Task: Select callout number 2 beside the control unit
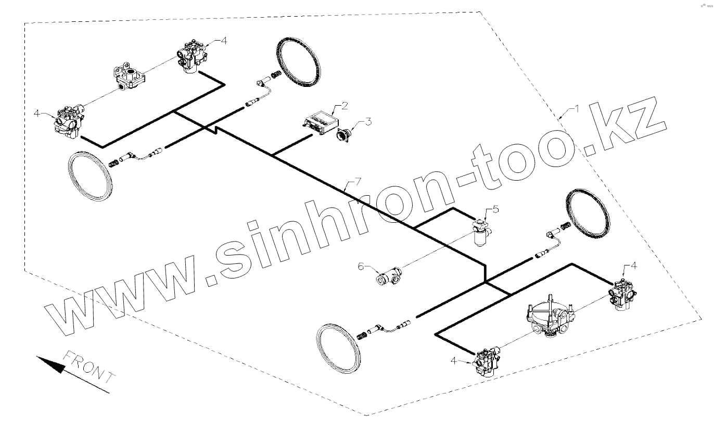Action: (344, 106)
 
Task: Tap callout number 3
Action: (368, 122)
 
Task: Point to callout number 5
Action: (495, 209)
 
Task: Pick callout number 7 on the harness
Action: (357, 182)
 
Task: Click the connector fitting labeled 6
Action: (389, 275)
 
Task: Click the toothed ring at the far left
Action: (90, 175)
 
